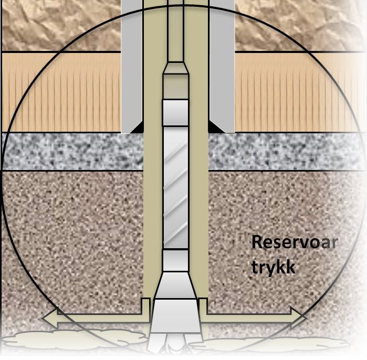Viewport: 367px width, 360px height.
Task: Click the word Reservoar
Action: pyautogui.click(x=295, y=242)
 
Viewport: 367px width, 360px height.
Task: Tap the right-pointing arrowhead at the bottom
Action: pyautogui.click(x=299, y=318)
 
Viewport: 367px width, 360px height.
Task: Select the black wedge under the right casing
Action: pyautogui.click(x=214, y=128)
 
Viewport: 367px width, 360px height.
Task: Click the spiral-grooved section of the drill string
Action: pyautogui.click(x=175, y=187)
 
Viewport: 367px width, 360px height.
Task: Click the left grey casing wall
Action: pyautogui.click(x=132, y=66)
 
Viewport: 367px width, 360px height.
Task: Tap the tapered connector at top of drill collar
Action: pyautogui.click(x=175, y=68)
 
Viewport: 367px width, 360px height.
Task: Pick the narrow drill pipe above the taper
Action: pyautogui.click(x=175, y=30)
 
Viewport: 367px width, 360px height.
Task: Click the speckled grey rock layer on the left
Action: pyautogui.click(x=72, y=152)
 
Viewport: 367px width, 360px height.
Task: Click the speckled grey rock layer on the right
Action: pyautogui.click(x=287, y=152)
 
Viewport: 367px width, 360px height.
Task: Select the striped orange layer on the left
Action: pyautogui.click(x=61, y=92)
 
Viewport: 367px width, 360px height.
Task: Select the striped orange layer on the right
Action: pyautogui.click(x=300, y=92)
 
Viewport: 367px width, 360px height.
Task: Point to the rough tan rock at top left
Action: pyautogui.click(x=61, y=25)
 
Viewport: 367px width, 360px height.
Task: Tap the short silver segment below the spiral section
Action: pyautogui.click(x=175, y=260)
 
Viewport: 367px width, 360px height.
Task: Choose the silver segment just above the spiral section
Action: pyautogui.click(x=175, y=113)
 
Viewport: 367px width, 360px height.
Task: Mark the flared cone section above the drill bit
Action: pyautogui.click(x=175, y=285)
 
